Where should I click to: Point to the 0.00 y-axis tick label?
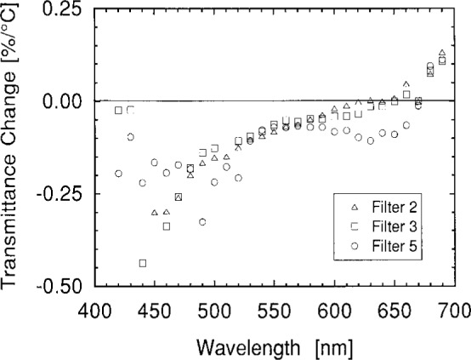point(65,101)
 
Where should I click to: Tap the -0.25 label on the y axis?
point(61,194)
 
